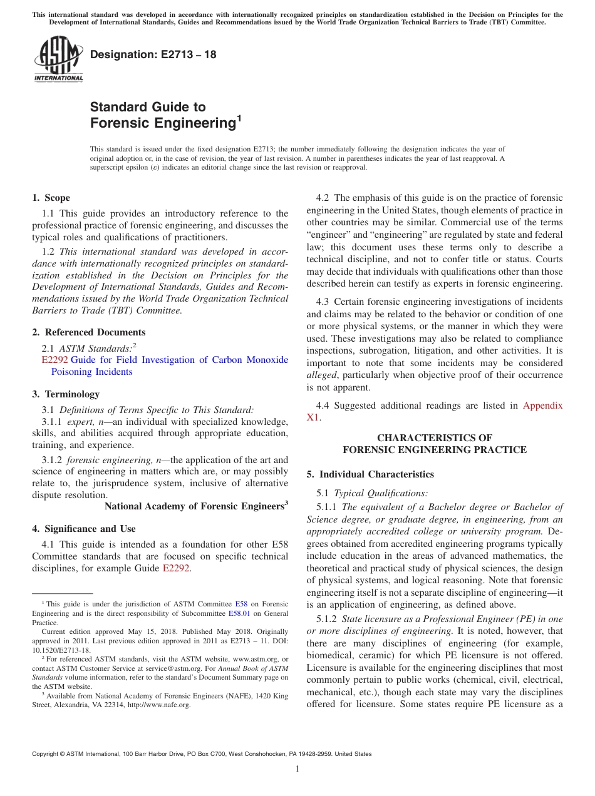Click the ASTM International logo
[58, 59]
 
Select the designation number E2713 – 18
[153, 54]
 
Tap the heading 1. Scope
[51, 198]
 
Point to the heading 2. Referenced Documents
[88, 332]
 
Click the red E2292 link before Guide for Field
[54, 360]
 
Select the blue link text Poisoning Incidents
[92, 372]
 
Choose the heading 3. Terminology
[66, 394]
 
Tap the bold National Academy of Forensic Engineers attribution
[194, 506]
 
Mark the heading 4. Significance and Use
[83, 529]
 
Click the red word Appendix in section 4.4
[542, 406]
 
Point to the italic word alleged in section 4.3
[321, 375]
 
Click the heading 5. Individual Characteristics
[370, 474]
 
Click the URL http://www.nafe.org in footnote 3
[159, 705]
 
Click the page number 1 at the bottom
[297, 769]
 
